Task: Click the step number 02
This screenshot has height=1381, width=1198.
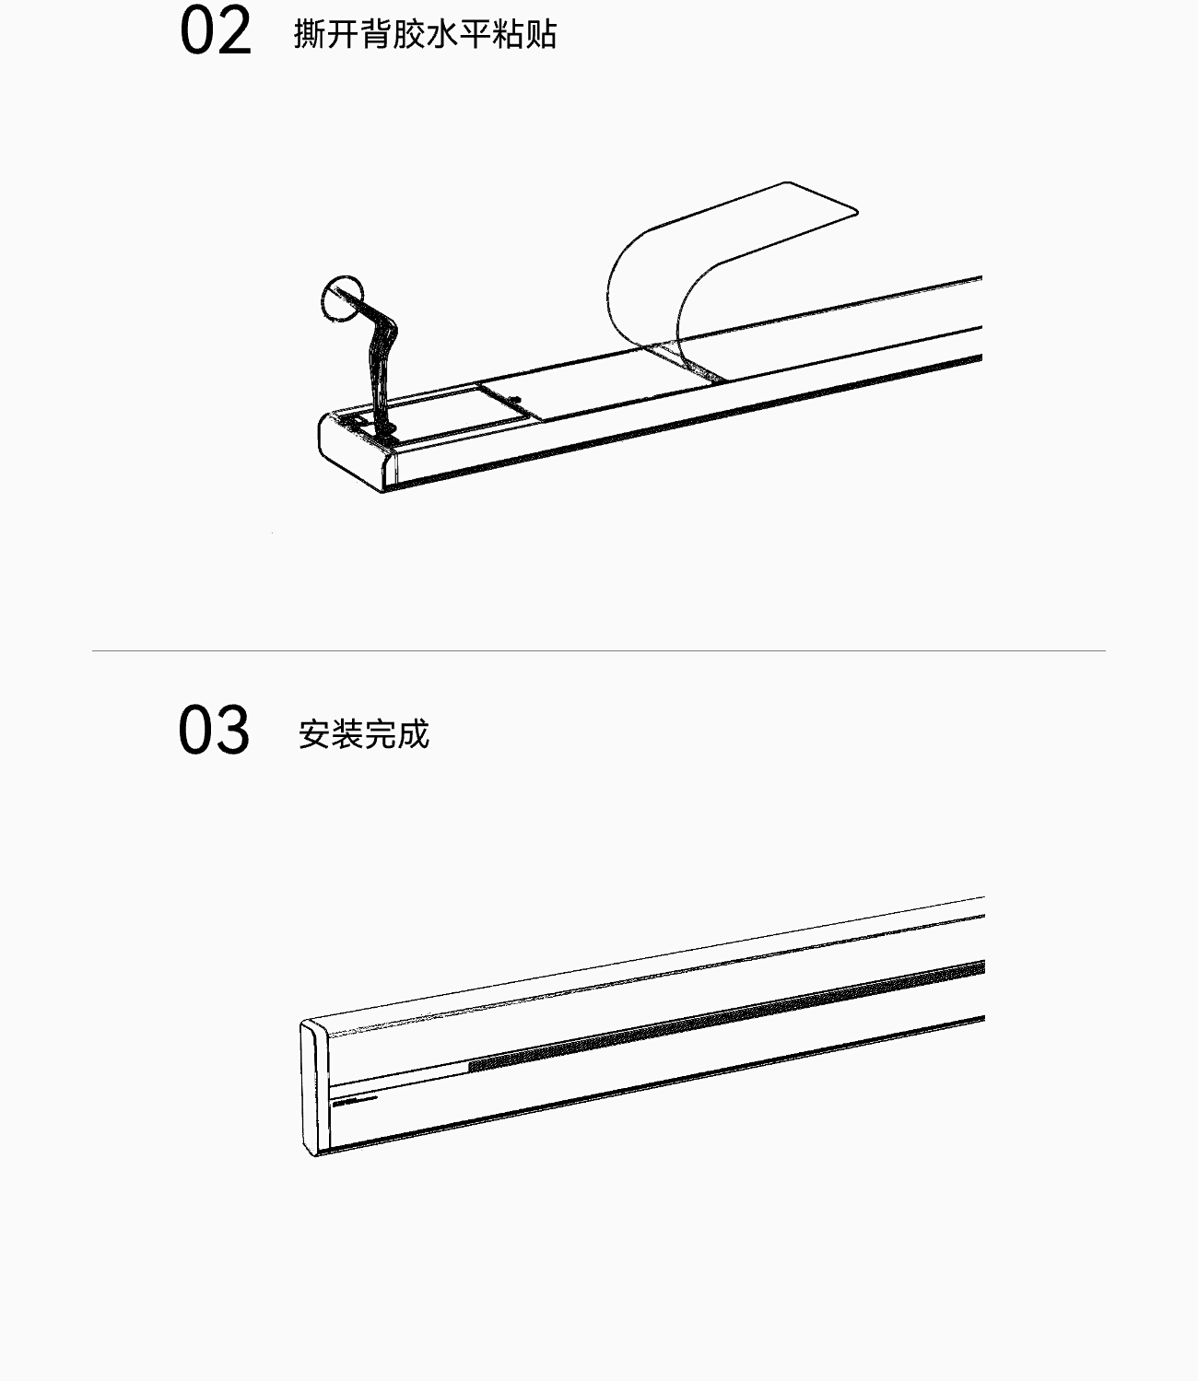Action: [x=216, y=33]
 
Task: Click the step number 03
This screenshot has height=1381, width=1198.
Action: [x=214, y=731]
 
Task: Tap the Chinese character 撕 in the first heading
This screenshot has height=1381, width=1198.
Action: [x=310, y=34]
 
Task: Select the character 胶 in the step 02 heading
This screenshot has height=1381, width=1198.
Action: [x=409, y=34]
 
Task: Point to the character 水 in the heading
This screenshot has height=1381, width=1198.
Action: [x=442, y=34]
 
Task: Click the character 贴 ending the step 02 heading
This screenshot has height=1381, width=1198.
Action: [x=542, y=34]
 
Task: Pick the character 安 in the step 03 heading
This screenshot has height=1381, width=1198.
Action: [x=315, y=734]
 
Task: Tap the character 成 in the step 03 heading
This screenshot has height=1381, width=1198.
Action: [x=414, y=734]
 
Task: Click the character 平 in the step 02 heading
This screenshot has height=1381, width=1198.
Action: [x=476, y=34]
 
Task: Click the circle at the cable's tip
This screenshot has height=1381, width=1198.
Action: [x=343, y=298]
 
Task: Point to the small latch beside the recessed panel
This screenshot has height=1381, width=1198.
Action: [x=514, y=400]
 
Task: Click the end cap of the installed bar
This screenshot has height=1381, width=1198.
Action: [x=314, y=1088]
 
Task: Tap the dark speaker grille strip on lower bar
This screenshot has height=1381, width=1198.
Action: [x=719, y=1014]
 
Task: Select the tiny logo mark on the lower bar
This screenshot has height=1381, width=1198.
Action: [x=345, y=1100]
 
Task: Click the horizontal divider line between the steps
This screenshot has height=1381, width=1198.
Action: [x=599, y=650]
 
